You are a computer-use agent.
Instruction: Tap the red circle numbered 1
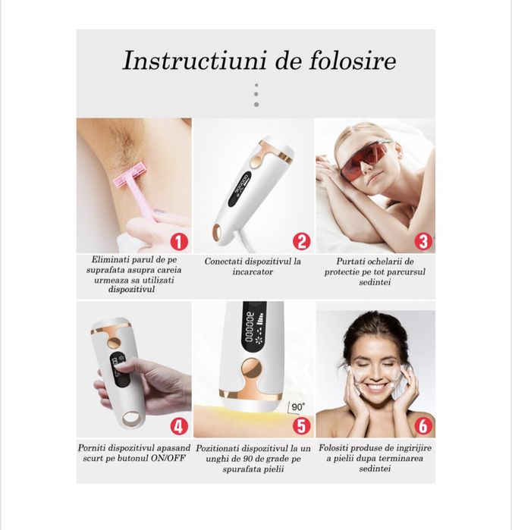tap(178, 242)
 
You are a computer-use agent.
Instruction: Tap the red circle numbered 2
tap(301, 242)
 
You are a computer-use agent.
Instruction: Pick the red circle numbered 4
tap(179, 426)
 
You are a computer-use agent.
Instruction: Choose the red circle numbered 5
tap(301, 426)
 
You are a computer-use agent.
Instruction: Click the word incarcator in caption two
tap(253, 271)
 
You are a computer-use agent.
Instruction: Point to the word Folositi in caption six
tap(339, 447)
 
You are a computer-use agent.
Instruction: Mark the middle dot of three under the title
tap(256, 94)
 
